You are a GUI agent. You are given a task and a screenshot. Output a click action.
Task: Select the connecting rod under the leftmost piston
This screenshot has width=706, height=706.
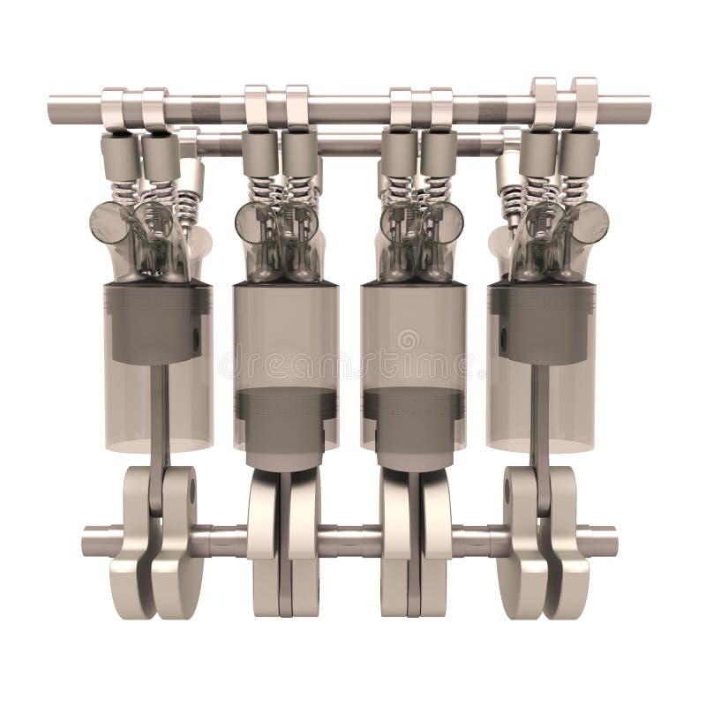pos(160,424)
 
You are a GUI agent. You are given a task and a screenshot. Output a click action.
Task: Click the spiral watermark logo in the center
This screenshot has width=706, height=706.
pos(408,340)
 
